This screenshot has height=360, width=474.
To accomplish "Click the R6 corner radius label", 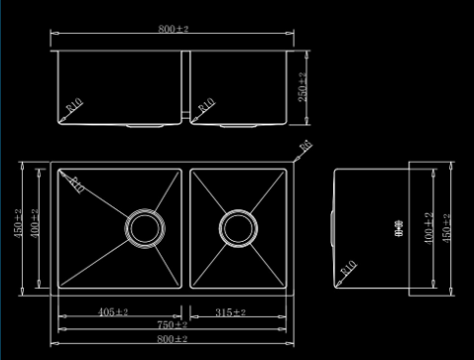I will click(x=303, y=147).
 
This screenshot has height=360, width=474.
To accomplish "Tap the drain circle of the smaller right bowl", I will click(x=237, y=227).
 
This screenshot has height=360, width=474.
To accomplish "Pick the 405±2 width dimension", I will click(x=114, y=312).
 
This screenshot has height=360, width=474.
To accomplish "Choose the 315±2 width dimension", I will click(x=229, y=312).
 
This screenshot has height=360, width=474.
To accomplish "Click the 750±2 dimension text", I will click(x=173, y=324).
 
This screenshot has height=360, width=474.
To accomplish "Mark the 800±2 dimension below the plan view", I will click(x=173, y=339).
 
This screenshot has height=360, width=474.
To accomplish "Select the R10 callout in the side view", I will click(x=348, y=268).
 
